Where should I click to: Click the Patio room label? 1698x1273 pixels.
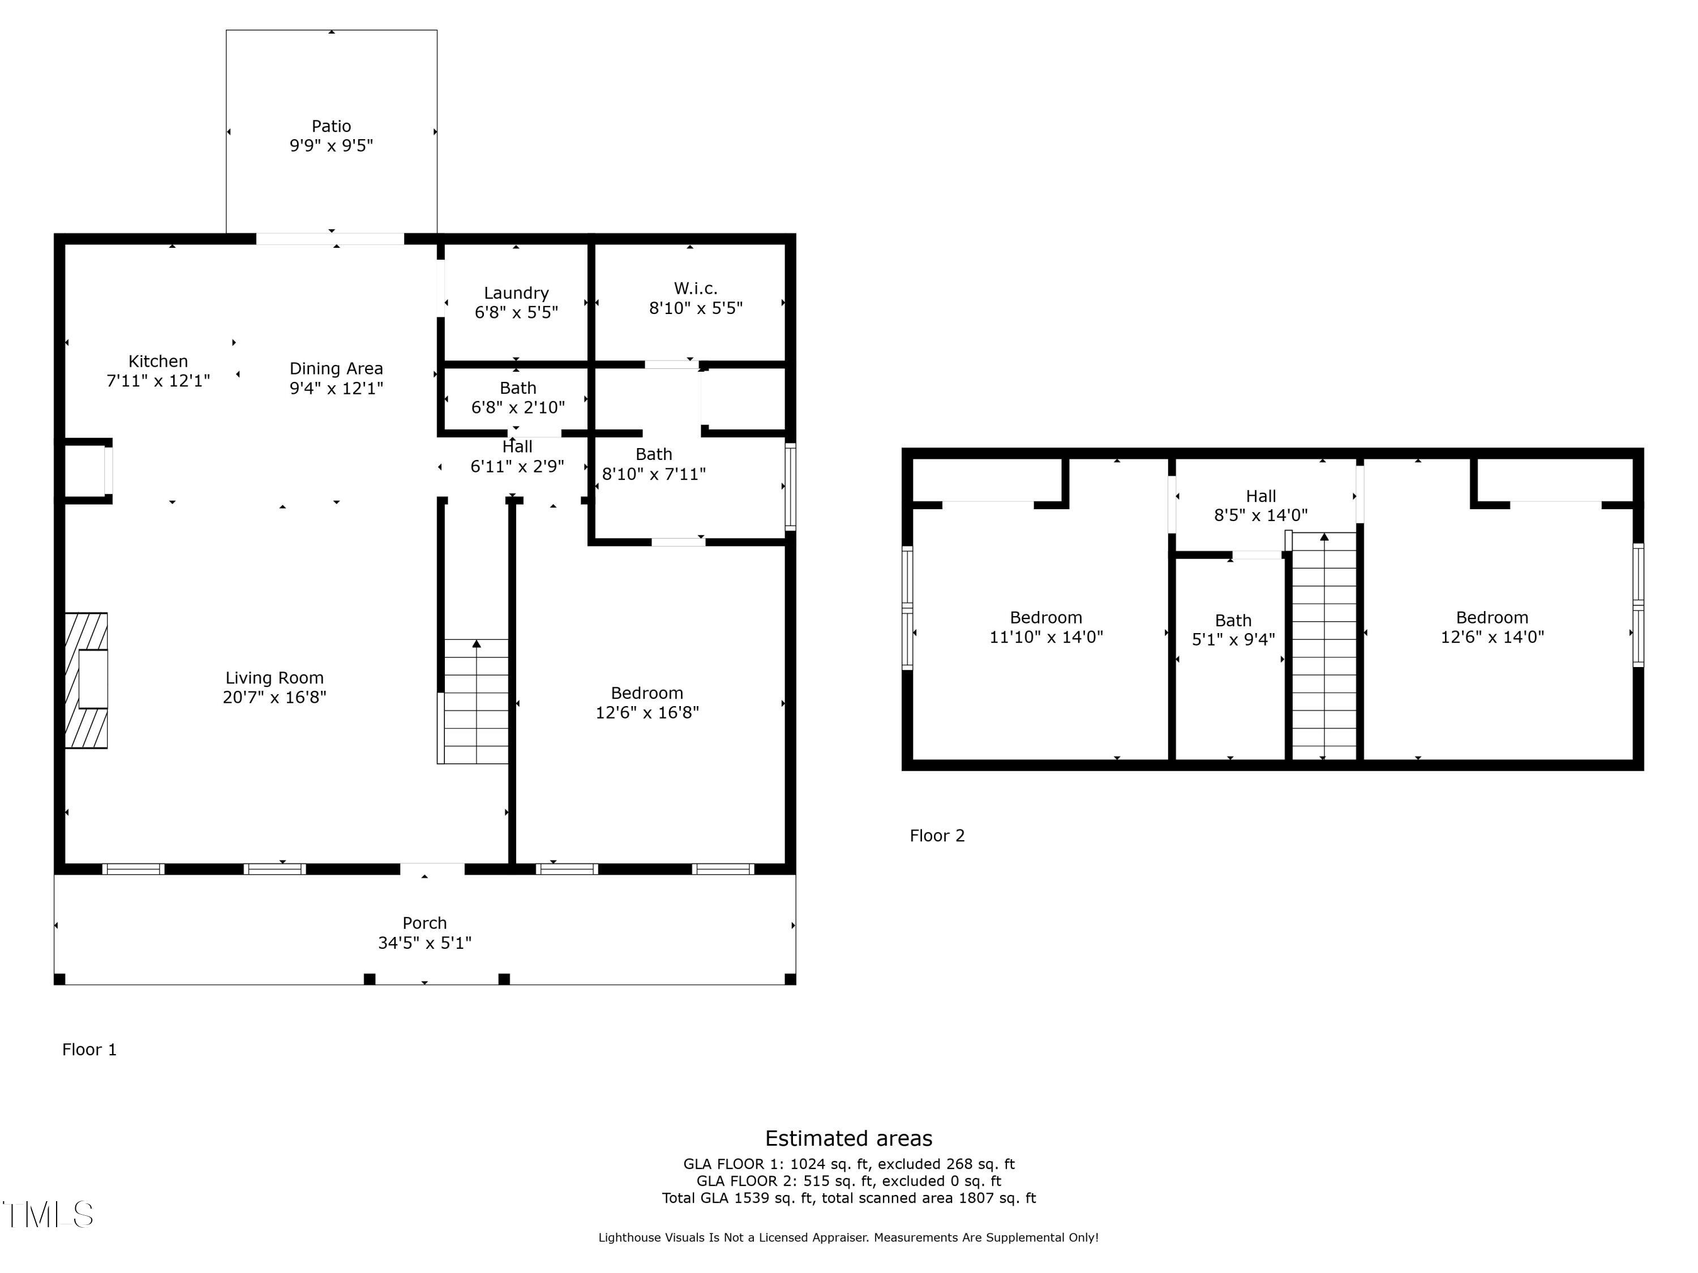[331, 126]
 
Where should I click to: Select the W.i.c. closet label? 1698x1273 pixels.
[696, 289]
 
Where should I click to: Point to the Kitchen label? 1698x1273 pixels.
[158, 362]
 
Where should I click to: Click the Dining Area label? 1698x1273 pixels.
[336, 368]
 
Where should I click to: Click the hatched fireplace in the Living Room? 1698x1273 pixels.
[86, 680]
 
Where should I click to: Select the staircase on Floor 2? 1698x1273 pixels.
[1324, 646]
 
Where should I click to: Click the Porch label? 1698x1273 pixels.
[424, 923]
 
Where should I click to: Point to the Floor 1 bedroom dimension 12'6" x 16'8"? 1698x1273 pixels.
[647, 713]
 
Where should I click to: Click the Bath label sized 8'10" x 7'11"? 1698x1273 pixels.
[654, 454]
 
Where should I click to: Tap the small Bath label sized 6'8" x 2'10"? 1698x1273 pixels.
[518, 388]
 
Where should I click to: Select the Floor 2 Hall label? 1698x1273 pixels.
[1261, 496]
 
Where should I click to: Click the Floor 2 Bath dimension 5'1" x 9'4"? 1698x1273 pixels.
[1233, 640]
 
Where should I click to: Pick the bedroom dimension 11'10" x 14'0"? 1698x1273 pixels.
[1047, 637]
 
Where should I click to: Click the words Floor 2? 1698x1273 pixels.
[937, 836]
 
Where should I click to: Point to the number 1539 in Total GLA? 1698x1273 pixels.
[752, 1198]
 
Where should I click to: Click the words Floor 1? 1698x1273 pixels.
[90, 1050]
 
